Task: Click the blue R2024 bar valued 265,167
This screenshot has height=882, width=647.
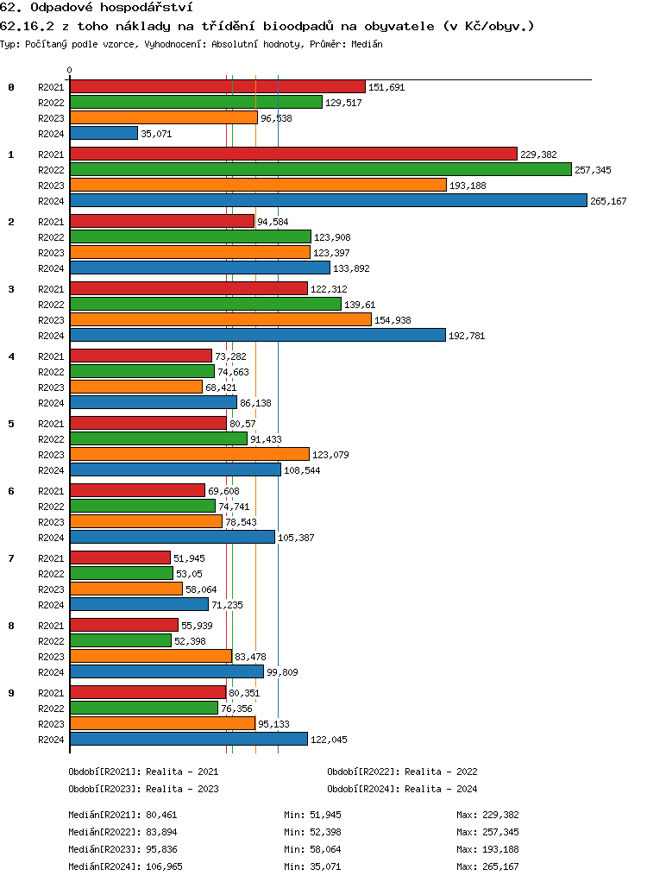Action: pos(328,200)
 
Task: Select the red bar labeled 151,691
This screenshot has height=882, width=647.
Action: pos(217,86)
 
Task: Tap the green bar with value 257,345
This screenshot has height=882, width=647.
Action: pos(320,170)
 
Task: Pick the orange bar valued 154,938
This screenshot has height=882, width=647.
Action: pos(220,319)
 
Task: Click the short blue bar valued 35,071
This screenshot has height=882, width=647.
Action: pos(104,133)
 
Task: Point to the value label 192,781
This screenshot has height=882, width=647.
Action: pos(467,336)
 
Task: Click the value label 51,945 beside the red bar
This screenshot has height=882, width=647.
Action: pos(189,558)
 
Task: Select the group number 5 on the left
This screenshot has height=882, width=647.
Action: pos(11,424)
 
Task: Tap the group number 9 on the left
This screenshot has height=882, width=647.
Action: pos(11,693)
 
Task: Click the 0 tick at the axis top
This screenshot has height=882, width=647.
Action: pos(69,70)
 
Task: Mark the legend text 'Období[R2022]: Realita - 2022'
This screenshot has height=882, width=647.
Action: pos(402,772)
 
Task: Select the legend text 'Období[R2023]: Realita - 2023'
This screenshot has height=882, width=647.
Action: pos(143,789)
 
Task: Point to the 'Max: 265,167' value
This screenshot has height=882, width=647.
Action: pos(487,866)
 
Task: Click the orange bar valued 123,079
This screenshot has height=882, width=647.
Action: pos(189,454)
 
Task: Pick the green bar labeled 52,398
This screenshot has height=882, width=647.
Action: pos(121,640)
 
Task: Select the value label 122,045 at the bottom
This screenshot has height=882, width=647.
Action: pos(329,740)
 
